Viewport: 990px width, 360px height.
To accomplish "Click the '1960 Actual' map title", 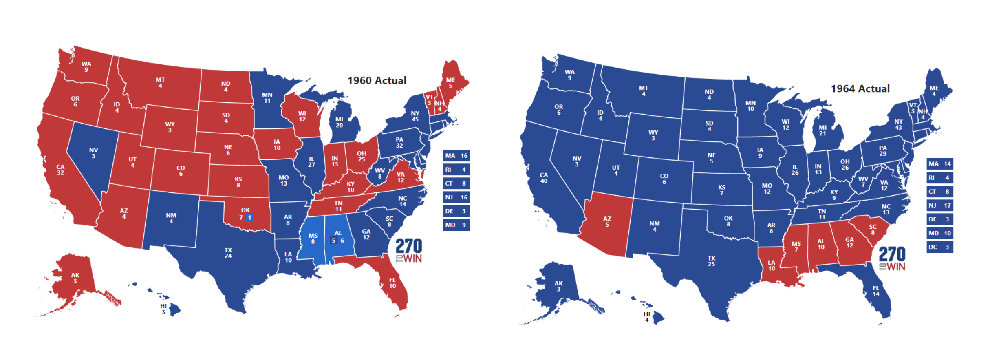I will (377, 80).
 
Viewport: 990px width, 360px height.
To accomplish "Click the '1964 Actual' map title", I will (860, 88).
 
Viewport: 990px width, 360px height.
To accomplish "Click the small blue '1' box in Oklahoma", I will (249, 217).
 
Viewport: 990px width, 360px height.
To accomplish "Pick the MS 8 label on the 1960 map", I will (313, 239).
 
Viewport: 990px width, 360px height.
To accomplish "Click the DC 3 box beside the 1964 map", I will (939, 247).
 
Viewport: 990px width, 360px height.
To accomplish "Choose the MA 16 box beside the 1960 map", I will (456, 156).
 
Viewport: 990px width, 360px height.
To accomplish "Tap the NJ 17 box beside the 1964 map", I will (939, 205).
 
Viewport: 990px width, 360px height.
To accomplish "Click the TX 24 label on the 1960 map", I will (228, 253).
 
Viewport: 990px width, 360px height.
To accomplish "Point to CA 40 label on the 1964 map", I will (544, 178).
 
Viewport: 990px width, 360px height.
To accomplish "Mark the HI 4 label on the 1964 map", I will (647, 317).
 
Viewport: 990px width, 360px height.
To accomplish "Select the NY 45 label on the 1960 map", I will (415, 116).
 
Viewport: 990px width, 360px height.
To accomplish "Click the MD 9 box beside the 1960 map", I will (456, 225).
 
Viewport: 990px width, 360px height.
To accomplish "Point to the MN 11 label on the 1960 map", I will (267, 97).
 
